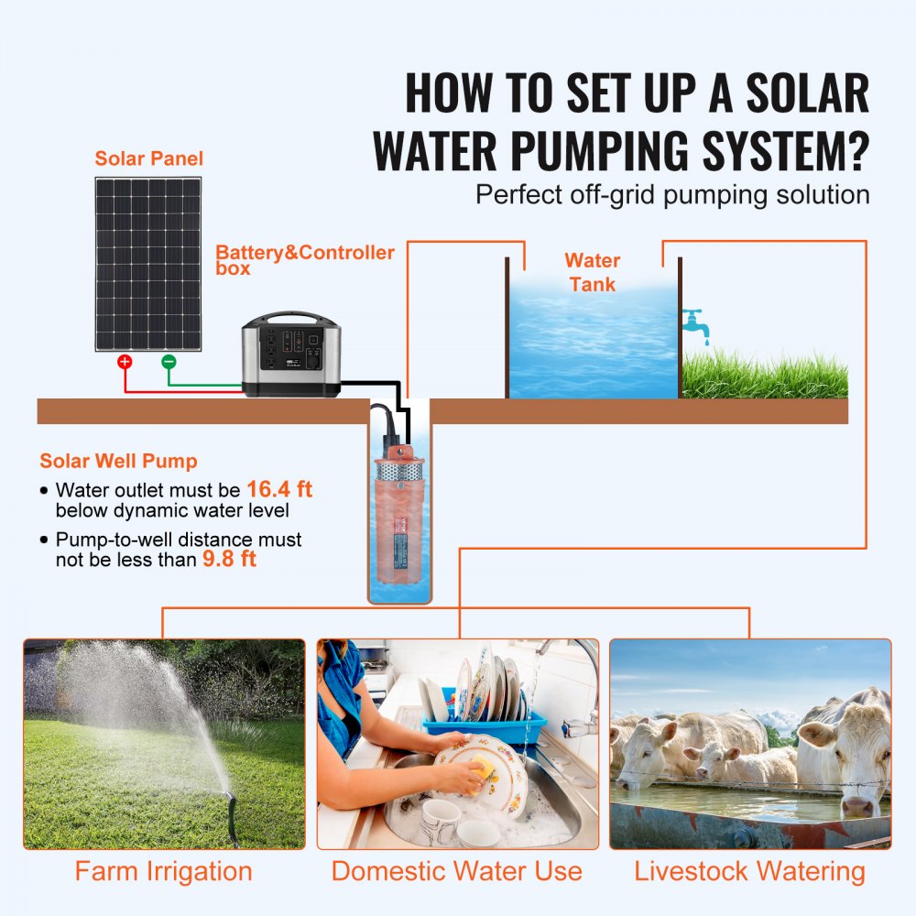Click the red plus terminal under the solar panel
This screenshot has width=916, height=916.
[x=125, y=362]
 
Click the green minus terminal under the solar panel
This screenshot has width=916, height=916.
[x=169, y=362]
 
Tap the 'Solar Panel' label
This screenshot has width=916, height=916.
[x=148, y=158]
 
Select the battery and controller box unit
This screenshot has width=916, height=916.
[x=290, y=355]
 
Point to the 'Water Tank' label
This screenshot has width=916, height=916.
[x=592, y=272]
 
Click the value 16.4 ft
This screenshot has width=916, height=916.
[x=279, y=490]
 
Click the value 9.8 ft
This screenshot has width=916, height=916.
[x=228, y=559]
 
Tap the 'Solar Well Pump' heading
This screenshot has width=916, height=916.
[x=118, y=462]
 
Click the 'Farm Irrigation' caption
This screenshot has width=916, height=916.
[x=163, y=871]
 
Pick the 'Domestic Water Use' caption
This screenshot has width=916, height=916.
[x=456, y=871]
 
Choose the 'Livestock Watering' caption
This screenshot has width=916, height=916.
[x=749, y=871]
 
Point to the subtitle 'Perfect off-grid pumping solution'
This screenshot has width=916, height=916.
[x=672, y=194]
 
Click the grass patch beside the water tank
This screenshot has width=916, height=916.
[x=765, y=376]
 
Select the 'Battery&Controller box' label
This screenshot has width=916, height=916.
[x=304, y=260]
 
